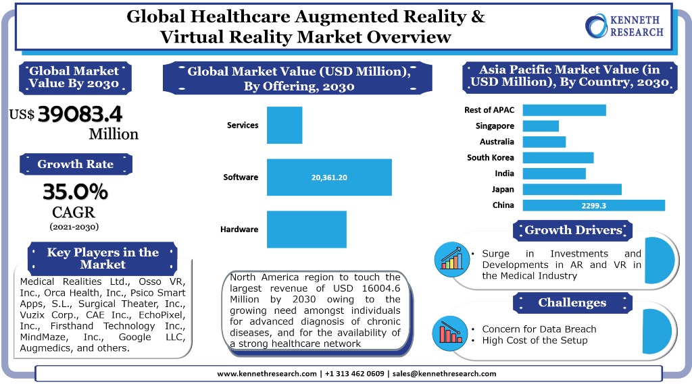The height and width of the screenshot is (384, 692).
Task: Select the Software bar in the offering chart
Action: coord(329,177)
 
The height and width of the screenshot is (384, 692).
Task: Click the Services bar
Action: coord(285,125)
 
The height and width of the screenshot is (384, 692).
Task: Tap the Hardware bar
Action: coord(307,229)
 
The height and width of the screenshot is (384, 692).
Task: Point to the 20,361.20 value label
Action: coord(329,177)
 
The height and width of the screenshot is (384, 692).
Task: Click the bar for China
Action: coord(594,205)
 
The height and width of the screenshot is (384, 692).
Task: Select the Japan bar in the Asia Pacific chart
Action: coord(572,190)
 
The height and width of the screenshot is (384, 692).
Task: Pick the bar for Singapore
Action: coord(541,126)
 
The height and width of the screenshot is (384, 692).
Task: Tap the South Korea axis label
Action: coord(491,158)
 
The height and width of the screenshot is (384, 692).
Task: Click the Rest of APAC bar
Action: coord(564,110)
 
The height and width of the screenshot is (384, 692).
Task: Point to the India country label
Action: coord(504,173)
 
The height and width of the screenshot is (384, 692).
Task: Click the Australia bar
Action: coord(544,142)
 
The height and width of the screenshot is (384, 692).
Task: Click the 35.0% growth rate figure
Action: coord(75,192)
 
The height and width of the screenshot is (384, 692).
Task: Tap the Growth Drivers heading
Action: coord(572,230)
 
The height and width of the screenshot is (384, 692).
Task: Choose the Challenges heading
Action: coord(572,302)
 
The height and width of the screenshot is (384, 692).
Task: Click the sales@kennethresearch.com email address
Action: coord(444,373)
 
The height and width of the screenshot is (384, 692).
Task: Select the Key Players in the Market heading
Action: coord(103,258)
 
